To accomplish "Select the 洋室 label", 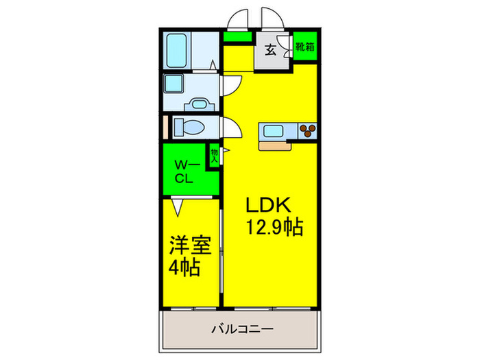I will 190,245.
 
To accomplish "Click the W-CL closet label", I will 185,171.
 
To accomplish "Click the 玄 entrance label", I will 271,49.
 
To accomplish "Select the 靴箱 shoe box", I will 304,47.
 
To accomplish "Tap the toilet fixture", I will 187,128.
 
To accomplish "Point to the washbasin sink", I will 200,104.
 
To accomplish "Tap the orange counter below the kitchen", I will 275,145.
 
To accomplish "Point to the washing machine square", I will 173,86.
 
